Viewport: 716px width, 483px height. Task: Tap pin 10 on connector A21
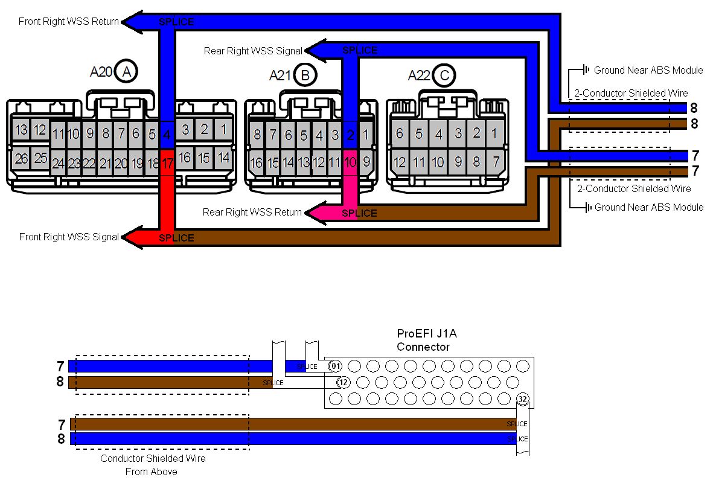[x=350, y=162]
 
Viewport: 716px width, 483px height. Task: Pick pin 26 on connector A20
[x=22, y=159]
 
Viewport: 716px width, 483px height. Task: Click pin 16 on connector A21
[x=257, y=162]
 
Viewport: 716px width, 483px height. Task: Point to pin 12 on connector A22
[x=399, y=162]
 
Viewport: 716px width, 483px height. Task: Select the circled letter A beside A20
[x=126, y=71]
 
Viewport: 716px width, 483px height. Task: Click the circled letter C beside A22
[x=444, y=75]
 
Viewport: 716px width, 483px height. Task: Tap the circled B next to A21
[x=305, y=75]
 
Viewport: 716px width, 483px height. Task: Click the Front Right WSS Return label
[x=69, y=21]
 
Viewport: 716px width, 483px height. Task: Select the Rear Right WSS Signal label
[x=252, y=51]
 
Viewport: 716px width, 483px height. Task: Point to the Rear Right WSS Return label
[x=252, y=212]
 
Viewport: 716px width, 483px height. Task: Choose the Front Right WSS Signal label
[x=69, y=237]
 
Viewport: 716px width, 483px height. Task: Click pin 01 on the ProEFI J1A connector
[x=335, y=366]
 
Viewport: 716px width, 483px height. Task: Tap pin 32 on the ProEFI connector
[x=522, y=398]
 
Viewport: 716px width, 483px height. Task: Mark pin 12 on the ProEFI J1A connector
[x=343, y=382]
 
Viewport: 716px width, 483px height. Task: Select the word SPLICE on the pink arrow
[x=359, y=213]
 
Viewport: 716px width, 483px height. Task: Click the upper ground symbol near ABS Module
[x=585, y=70]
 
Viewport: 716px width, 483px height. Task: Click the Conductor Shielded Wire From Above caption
[x=152, y=465]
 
